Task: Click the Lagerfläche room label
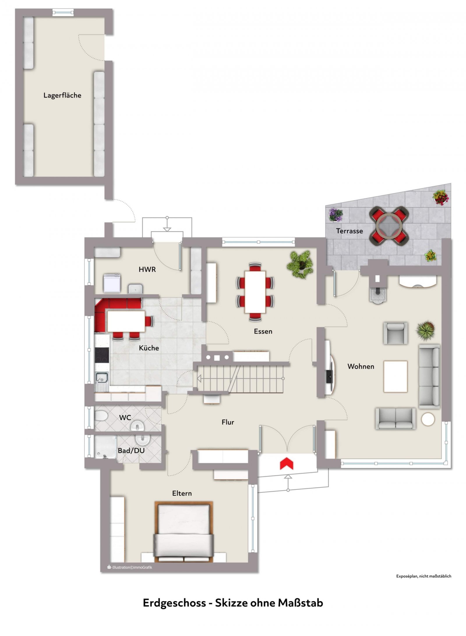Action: click(62, 95)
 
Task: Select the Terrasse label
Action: click(349, 231)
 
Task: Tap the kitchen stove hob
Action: click(102, 355)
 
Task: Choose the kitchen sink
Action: click(102, 378)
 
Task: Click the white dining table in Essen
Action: click(255, 292)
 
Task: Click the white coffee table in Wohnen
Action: click(395, 376)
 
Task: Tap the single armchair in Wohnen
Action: click(395, 333)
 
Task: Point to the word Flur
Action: click(228, 422)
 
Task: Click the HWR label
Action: click(147, 270)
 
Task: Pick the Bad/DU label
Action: click(131, 451)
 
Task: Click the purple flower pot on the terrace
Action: click(336, 215)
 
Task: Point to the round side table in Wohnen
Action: click(428, 419)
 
